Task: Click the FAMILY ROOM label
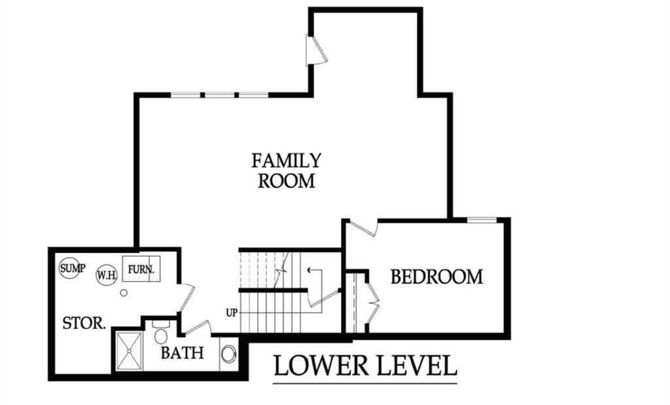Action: point(287,170)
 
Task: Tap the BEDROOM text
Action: point(436,277)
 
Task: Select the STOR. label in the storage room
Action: point(84,323)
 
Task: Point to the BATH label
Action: point(183,353)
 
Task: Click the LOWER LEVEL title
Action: point(365,366)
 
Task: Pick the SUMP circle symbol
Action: point(71,268)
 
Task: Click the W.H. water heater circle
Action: point(107,274)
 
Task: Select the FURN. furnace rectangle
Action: point(141,269)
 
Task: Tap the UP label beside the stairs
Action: point(232,313)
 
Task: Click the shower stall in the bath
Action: point(129,351)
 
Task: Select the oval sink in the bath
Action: point(228,354)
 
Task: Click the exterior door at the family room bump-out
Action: point(315,51)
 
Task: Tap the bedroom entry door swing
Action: point(363,229)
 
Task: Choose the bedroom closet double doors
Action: point(370,302)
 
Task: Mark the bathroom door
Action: point(196,327)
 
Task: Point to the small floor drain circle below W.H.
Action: point(123,293)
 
